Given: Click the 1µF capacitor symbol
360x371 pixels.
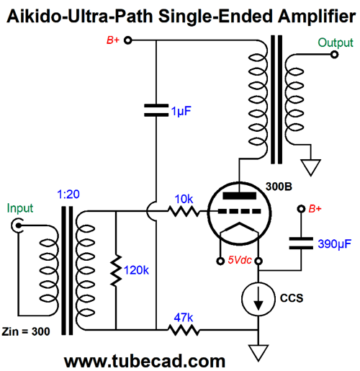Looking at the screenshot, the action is pos(156,110).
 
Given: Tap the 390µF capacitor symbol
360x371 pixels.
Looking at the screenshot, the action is pos(301,243).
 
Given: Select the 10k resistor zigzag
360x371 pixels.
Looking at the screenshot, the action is pos(184,211).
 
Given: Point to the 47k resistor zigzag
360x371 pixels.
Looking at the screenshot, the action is pos(184,330).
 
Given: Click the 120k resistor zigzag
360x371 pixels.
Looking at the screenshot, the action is pos(116,270).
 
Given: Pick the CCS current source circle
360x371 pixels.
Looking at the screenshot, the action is pos(258,299).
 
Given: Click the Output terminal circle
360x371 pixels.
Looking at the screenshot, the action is pos(334,55).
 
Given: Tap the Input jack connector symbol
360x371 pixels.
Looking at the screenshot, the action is pos(18,225).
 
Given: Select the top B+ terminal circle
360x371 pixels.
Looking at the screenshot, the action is pos(128,40).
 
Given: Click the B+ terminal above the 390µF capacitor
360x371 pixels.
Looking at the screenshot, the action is pos(301,208).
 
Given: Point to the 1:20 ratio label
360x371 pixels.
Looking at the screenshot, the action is pos(68,194).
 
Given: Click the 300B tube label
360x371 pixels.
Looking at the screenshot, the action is pos(279,187).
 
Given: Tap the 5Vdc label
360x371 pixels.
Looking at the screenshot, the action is pos(240,260).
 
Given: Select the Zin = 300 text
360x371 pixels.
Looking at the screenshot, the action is pos(26,331).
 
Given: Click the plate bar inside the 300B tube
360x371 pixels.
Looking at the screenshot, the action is pos(239,196).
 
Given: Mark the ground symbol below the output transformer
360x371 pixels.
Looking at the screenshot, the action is pos(311,167).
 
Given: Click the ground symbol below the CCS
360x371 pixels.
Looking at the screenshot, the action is pos(258,353).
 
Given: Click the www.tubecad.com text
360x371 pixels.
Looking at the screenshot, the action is pos(145,362).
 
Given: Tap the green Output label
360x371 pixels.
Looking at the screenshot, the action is pos(336,43).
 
